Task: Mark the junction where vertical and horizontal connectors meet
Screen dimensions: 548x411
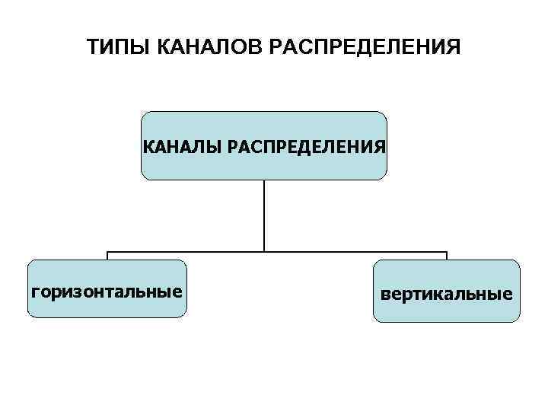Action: click(264, 251)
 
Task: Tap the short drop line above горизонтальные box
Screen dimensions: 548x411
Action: click(107, 256)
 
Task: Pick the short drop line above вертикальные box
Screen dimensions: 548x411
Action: click(447, 256)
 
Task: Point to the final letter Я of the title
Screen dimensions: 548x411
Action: click(454, 48)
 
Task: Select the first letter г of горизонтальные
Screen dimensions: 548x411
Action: click(33, 292)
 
